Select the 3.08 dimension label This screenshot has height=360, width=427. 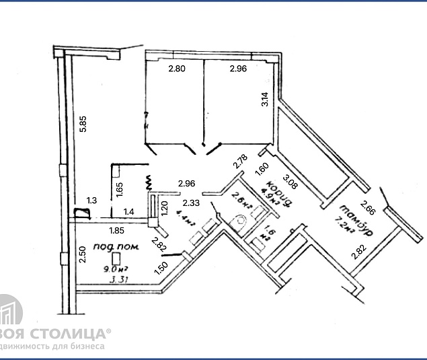point(290,182)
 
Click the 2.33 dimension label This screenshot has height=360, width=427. point(192,201)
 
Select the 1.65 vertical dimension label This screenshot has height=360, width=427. point(118,190)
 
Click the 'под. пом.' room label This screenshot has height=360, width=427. point(116,247)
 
